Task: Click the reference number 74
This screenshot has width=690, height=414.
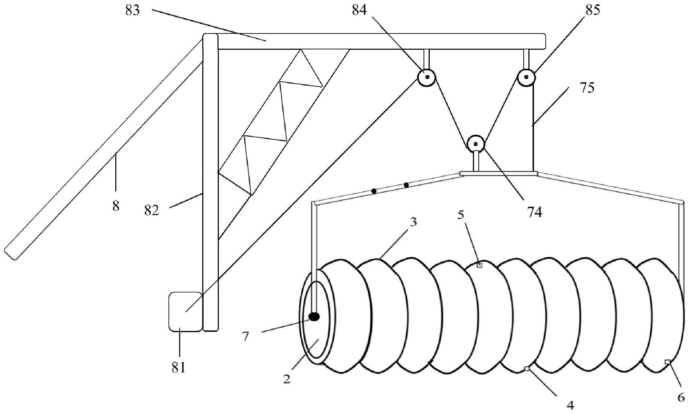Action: (x=534, y=212)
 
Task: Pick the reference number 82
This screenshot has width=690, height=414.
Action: (x=152, y=210)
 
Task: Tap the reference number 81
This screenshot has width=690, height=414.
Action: (x=178, y=368)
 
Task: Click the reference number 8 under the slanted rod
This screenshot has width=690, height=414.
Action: (x=116, y=206)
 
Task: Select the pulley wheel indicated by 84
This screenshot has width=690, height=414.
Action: (x=427, y=77)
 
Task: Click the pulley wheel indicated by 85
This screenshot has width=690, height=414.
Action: (x=526, y=77)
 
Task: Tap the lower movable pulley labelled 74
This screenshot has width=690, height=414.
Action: (x=476, y=144)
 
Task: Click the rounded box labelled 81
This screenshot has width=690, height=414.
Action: (x=185, y=311)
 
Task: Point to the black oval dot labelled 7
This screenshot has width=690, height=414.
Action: (x=314, y=316)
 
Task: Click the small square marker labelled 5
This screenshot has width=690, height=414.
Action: (x=479, y=265)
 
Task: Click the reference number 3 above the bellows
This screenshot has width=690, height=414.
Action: (x=413, y=222)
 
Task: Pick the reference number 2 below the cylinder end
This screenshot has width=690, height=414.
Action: (x=287, y=379)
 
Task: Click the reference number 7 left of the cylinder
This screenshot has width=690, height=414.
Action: (x=245, y=336)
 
